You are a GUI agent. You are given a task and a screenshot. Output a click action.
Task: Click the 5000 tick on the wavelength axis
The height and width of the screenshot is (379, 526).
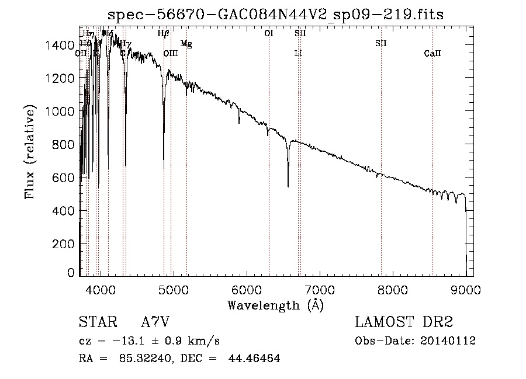173,288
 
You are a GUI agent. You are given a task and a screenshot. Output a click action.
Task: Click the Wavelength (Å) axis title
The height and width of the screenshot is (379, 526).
275,305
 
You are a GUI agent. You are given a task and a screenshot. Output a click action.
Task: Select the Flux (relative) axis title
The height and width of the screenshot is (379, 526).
30,151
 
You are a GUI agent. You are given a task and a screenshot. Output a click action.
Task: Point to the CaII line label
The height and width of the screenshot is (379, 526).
432,54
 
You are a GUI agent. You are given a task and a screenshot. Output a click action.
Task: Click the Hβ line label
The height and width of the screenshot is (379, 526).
164,34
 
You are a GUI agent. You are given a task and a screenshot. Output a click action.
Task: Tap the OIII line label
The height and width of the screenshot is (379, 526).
170,54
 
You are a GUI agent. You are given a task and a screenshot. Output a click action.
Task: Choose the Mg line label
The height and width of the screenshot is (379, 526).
186,44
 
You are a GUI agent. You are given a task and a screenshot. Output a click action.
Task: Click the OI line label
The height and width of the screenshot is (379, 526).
269,34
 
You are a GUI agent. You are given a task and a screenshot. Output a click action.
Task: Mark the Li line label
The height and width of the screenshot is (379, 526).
298,54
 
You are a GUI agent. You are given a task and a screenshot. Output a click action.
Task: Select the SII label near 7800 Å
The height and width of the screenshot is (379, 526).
381,44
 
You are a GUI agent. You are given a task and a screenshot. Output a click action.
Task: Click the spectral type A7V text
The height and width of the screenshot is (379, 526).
155,322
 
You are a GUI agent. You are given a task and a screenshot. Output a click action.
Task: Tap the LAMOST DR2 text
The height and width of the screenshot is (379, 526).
404,322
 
